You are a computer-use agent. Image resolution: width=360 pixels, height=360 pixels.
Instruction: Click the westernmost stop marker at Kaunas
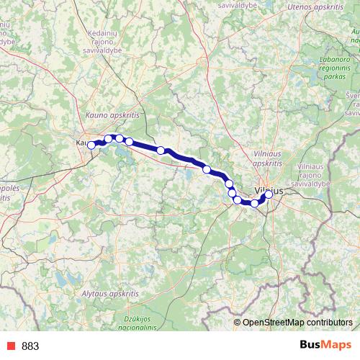[91, 145]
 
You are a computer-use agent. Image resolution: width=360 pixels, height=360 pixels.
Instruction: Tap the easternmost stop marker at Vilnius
[269, 194]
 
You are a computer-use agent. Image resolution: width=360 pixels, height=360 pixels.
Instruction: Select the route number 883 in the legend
[31, 346]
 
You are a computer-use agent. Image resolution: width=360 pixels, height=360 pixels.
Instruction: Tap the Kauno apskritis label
[110, 114]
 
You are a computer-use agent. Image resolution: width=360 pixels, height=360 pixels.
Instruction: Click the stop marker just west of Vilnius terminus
[254, 204]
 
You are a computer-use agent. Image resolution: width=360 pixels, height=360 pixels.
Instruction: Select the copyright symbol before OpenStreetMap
[238, 322]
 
